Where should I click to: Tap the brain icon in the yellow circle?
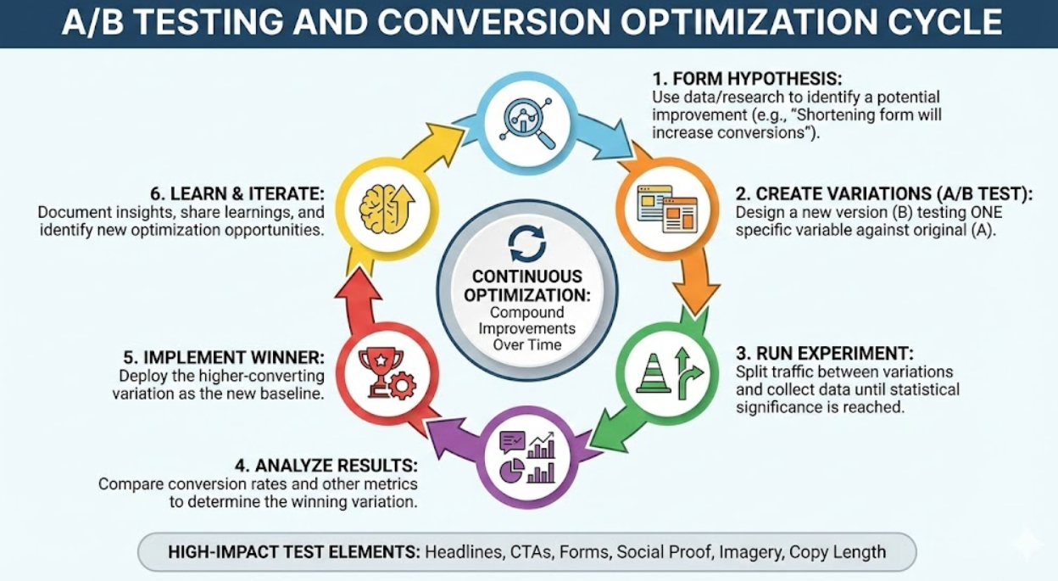(386, 208)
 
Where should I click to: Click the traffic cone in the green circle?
(654, 374)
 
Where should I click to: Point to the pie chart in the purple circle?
(510, 471)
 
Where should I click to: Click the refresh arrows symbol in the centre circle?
(526, 243)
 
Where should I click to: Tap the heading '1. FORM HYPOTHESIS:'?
(746, 80)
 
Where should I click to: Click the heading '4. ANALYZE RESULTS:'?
(326, 466)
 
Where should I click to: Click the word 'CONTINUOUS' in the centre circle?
(527, 277)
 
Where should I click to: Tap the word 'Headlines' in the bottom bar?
(463, 552)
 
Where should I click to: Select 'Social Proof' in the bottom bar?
(663, 552)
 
